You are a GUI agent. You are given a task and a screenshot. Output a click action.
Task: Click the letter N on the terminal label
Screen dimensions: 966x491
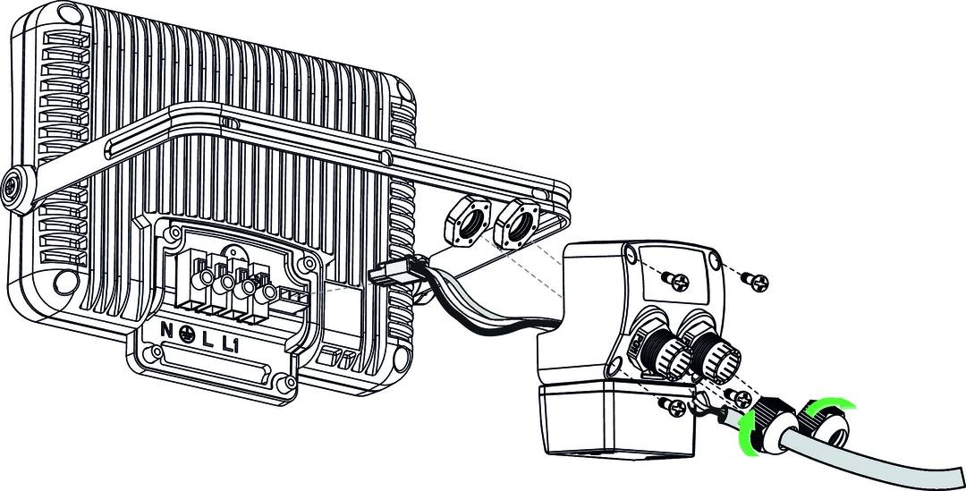click(x=166, y=330)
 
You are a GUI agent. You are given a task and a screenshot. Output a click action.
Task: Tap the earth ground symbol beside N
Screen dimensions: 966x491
click(x=187, y=334)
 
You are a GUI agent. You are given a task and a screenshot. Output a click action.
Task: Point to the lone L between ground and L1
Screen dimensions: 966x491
click(x=208, y=340)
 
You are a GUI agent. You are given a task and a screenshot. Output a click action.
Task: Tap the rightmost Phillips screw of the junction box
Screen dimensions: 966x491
click(x=755, y=282)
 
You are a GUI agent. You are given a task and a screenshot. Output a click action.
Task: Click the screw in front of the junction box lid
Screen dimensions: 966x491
click(x=676, y=282)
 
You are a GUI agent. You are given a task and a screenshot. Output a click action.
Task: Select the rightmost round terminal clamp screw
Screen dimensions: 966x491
click(x=267, y=294)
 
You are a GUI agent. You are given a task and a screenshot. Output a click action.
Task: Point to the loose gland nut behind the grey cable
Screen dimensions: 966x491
click(x=825, y=425)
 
